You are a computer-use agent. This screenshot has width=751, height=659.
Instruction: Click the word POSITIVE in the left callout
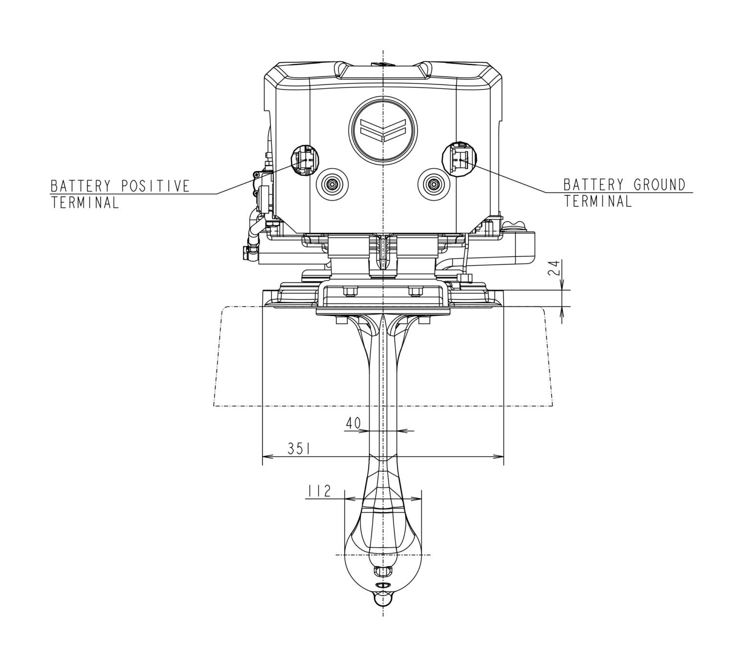(155, 186)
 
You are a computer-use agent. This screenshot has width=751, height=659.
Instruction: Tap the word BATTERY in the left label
(82, 186)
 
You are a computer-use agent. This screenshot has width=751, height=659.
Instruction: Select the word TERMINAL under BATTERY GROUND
(597, 201)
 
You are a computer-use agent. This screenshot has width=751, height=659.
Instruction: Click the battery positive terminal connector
(305, 159)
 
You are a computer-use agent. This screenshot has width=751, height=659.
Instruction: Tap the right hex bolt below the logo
(433, 184)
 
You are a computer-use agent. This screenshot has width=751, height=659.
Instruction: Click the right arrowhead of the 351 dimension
(499, 456)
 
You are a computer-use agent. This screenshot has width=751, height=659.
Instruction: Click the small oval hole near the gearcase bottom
(382, 585)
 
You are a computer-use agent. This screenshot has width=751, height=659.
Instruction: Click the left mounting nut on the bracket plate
(350, 292)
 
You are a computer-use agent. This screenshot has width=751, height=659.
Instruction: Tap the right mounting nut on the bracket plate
(415, 292)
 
